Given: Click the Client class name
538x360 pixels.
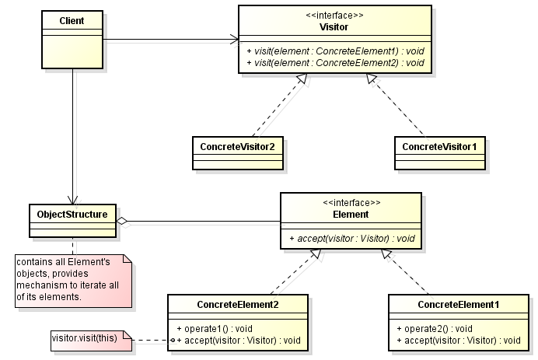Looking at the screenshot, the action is click(x=72, y=21).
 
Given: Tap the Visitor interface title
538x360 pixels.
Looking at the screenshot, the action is click(x=334, y=27).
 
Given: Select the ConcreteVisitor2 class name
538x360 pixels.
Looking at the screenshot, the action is click(x=237, y=147).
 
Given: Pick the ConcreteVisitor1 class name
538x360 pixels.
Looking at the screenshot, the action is click(x=439, y=147).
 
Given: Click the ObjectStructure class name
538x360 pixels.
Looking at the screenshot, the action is click(x=72, y=215).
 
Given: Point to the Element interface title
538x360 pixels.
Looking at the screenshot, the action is click(x=351, y=215).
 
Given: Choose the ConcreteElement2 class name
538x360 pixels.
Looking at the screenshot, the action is click(x=238, y=305).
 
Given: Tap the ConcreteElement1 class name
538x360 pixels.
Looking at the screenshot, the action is click(x=459, y=305).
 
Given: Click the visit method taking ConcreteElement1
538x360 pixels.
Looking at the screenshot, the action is click(x=335, y=51).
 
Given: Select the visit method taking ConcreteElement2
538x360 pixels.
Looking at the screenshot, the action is click(x=335, y=63).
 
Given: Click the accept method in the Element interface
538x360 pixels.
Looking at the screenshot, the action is click(x=352, y=239).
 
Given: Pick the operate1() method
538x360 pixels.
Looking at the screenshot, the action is click(x=215, y=329).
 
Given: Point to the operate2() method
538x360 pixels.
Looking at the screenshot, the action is click(x=435, y=329).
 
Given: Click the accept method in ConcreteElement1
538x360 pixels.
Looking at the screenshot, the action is click(x=459, y=341).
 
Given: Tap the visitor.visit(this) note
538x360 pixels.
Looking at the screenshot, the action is click(x=91, y=341).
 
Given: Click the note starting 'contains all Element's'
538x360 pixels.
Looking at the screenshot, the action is click(x=73, y=281).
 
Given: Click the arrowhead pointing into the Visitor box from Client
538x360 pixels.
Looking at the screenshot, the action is click(x=235, y=40).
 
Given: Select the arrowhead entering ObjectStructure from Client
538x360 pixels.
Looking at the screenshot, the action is click(x=72, y=200).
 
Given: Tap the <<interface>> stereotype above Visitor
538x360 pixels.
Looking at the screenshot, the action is click(x=334, y=16).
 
